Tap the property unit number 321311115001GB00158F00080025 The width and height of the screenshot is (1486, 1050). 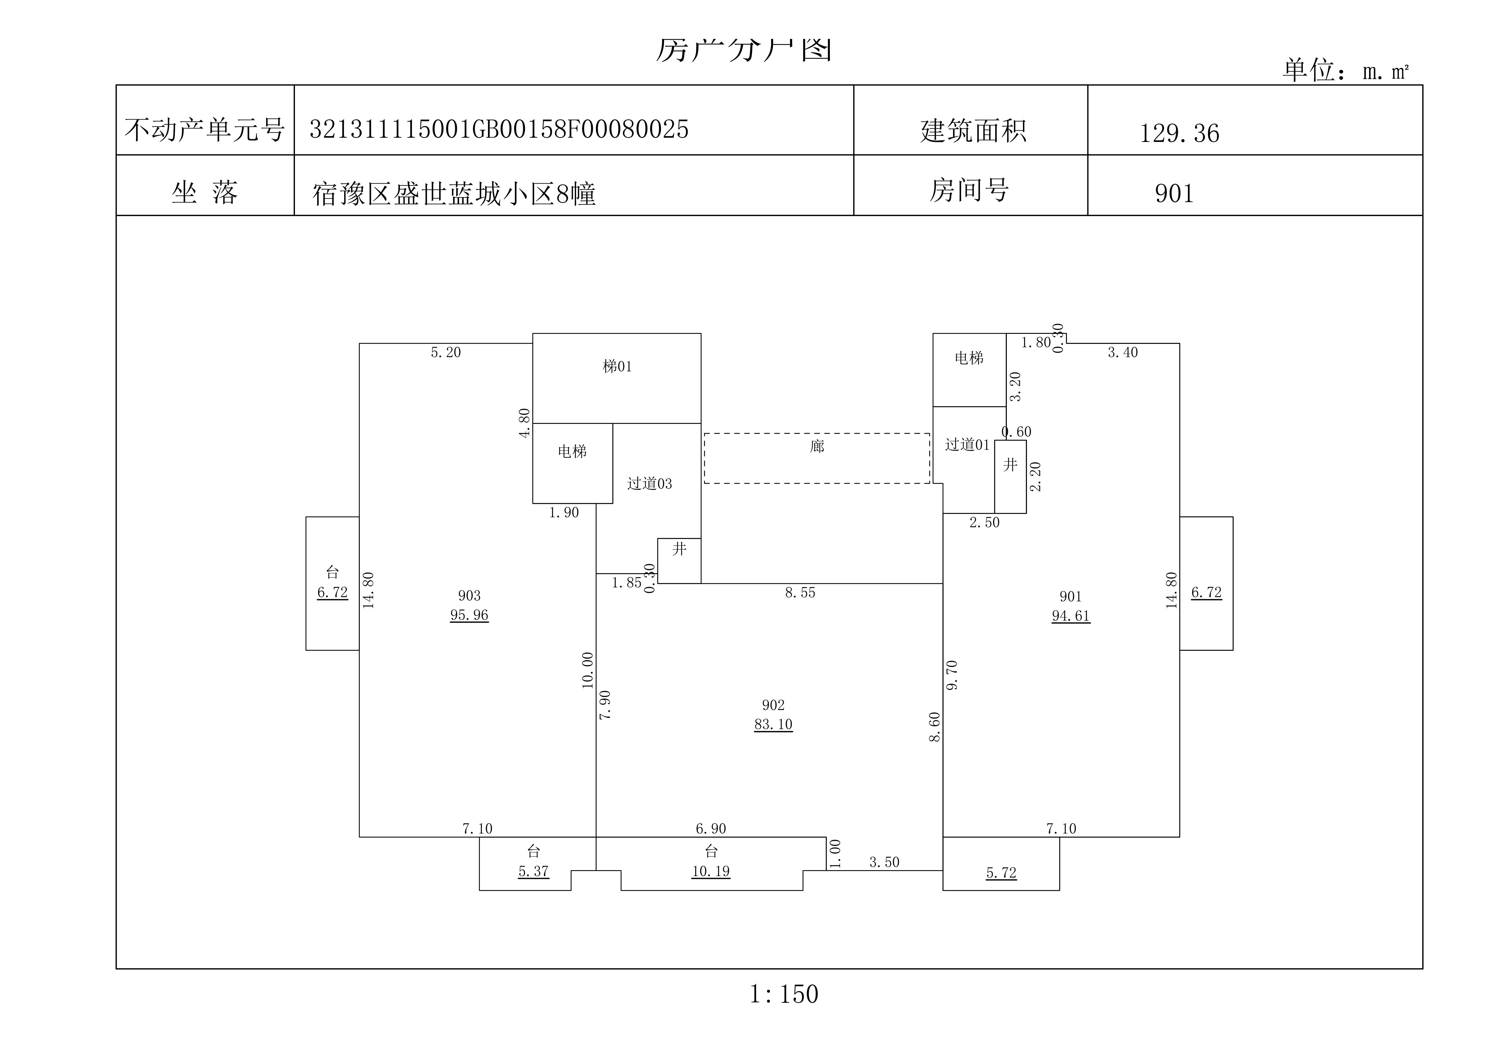[x=498, y=129]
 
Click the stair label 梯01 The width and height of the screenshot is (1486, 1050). [x=617, y=366]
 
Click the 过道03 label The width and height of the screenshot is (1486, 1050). [x=649, y=484]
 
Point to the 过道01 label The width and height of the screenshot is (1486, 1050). [x=967, y=445]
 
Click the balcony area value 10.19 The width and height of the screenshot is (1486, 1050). [x=711, y=871]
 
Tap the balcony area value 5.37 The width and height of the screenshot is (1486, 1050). [x=533, y=871]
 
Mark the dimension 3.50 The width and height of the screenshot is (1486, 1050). [x=884, y=862]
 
